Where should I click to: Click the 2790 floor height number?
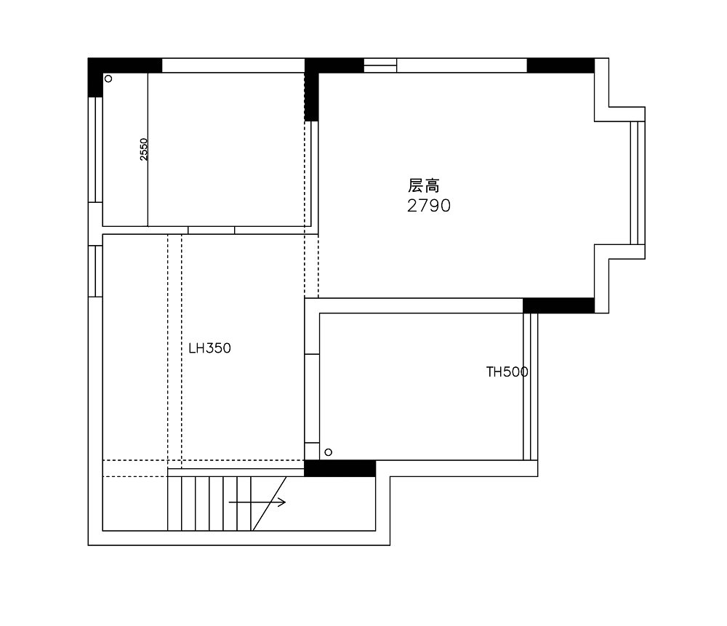pos(429,206)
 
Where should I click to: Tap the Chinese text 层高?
pos(424,185)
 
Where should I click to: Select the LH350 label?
pos(209,348)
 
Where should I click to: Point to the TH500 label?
pos(507,372)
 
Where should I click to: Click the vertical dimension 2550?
pos(144,149)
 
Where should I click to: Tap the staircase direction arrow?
pos(257,502)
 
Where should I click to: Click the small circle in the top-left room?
pos(108,79)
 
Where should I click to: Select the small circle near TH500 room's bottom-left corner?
pos(329,452)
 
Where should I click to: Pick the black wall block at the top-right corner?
pos(561,65)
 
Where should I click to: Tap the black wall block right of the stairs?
pos(340,468)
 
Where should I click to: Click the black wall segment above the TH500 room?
pos(558,305)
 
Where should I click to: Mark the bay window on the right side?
pos(638,182)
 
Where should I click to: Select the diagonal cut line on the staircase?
pos(269,504)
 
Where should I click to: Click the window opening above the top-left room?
pos(233,65)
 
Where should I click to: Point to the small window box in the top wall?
pos(380,65)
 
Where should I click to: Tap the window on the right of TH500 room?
pos(531,387)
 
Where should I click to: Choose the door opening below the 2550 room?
pos(212,230)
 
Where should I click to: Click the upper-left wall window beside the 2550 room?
pos(95,149)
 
